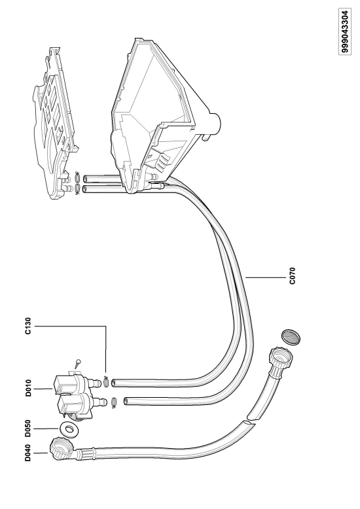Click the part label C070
coord(292,275)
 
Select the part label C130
coord(28,326)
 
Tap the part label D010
coord(28,388)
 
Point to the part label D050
coord(28,429)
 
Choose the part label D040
coord(28,453)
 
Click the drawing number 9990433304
coord(345,31)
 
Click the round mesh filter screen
coord(291,337)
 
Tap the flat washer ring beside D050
coord(69,429)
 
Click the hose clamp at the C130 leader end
coord(106,381)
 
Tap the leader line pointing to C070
coord(266,277)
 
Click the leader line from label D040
coord(42,453)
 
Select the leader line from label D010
coord(44,388)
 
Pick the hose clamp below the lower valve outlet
coord(113,402)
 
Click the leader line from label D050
coord(46,429)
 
